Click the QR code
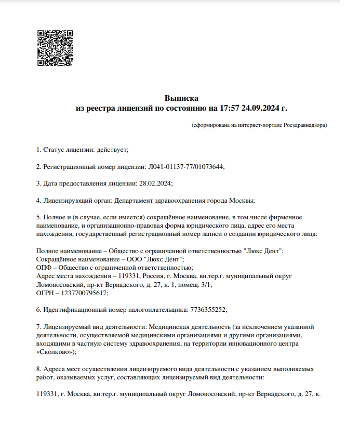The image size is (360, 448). [x=55, y=48]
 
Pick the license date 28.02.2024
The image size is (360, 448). [x=155, y=183]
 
